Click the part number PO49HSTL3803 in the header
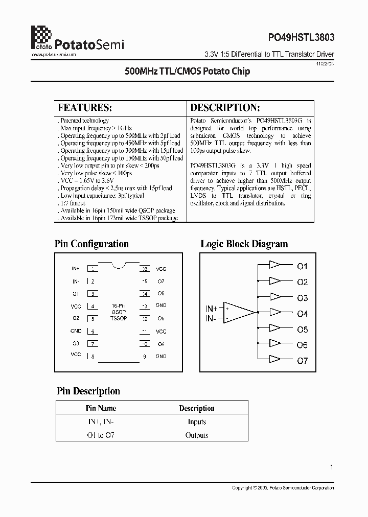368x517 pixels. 301,38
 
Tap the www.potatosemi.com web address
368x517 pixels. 54,54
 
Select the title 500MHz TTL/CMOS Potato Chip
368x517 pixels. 188,72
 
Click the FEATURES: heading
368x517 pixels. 84,108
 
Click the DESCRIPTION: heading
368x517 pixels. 225,108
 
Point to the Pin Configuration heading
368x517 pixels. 91,244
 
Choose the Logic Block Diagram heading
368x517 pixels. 244,244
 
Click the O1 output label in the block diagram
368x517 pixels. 303,266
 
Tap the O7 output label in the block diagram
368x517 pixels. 303,361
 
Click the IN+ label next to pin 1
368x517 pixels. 76,269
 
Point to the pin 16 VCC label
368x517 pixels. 161,269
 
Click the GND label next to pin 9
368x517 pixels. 161,356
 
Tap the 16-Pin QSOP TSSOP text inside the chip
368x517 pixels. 119,312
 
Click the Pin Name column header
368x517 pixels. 101,408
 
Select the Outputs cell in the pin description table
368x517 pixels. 197,435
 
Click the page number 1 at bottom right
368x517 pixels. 332,467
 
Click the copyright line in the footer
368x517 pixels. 283,488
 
